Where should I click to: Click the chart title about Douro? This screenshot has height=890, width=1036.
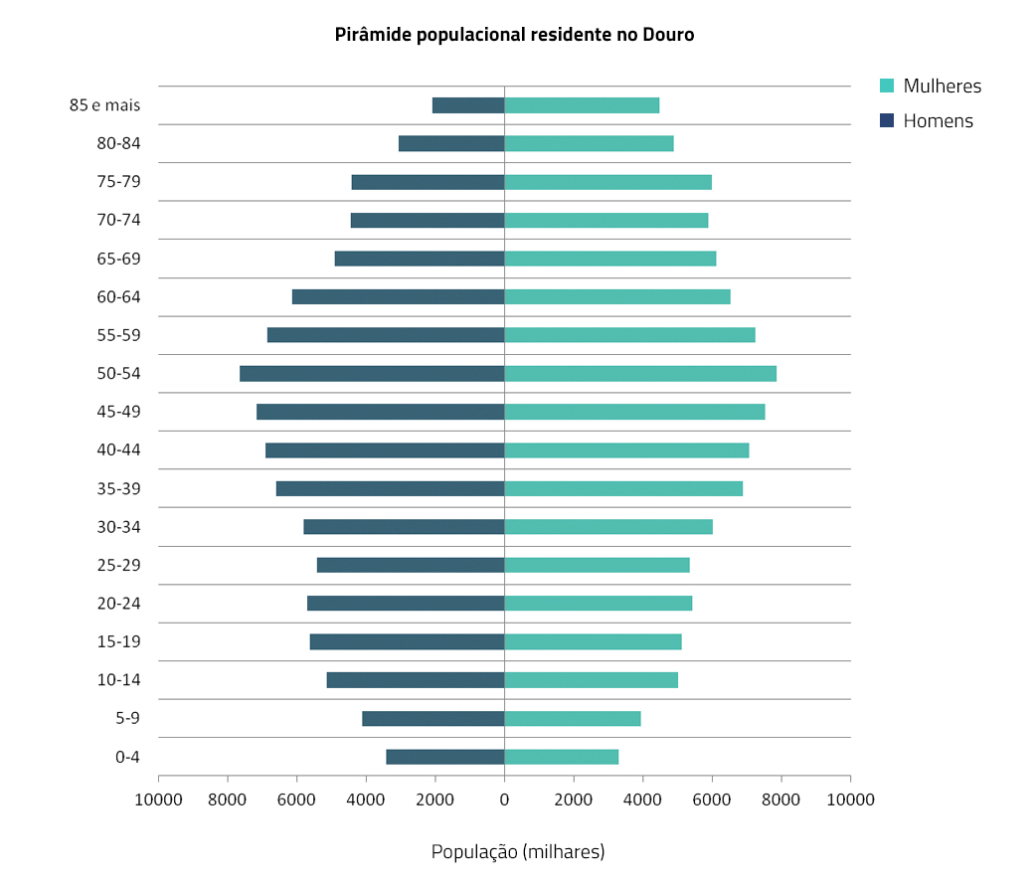[514, 35]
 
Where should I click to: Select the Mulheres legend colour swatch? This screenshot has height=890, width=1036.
[887, 86]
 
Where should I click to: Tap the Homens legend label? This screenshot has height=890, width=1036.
[938, 121]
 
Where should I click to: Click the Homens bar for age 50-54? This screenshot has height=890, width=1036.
[372, 374]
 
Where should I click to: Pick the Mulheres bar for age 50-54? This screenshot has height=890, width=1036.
[640, 374]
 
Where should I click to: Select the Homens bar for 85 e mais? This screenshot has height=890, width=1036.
[468, 105]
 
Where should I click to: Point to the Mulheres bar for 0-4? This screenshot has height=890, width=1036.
[562, 757]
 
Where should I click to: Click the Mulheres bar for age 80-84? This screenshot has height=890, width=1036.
[589, 143]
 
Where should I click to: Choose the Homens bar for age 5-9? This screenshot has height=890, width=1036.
[433, 719]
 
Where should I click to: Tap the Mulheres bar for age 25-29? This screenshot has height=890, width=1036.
[597, 565]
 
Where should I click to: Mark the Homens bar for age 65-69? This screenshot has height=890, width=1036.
[420, 259]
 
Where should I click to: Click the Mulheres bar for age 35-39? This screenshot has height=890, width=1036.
[623, 488]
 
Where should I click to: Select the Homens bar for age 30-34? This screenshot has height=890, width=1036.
[404, 527]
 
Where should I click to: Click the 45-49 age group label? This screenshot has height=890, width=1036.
[118, 412]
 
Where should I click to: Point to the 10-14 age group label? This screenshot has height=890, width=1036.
[118, 680]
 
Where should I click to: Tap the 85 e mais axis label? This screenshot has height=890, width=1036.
[104, 105]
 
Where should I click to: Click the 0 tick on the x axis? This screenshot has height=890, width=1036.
[504, 799]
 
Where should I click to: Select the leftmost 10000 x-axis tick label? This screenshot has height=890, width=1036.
[158, 799]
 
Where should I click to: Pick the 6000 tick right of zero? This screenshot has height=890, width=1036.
[712, 799]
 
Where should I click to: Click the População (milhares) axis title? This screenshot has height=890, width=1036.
[517, 852]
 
